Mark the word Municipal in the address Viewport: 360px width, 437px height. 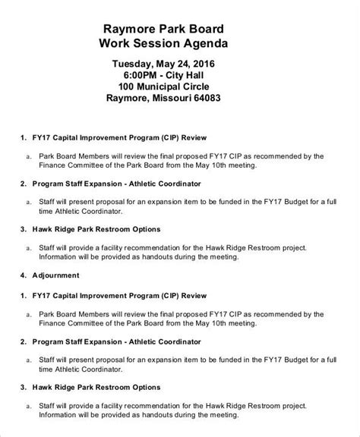(x=166, y=90)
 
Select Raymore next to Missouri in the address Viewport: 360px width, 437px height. (x=131, y=104)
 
